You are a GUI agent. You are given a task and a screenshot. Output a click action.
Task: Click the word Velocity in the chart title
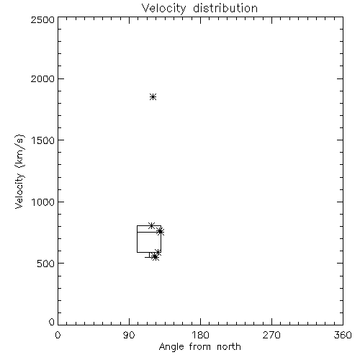164,9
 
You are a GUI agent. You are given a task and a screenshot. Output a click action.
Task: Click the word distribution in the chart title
225,8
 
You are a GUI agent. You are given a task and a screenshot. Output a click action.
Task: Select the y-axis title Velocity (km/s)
19,172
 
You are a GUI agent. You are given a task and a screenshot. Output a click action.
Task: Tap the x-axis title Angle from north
199,346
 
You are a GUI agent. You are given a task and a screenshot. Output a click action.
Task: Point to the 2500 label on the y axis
42,19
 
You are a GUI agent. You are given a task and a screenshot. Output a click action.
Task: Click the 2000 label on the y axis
42,78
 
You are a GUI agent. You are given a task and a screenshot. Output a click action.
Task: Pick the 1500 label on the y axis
43,140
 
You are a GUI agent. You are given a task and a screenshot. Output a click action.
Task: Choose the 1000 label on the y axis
43,202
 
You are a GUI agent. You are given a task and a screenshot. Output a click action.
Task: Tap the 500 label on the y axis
46,264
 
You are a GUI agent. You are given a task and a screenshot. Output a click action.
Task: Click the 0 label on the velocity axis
52,322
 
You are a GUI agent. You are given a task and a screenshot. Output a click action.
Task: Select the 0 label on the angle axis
58,335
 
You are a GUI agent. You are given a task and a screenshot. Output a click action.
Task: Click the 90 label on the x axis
129,335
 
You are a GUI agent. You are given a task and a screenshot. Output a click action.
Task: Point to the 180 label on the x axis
200,335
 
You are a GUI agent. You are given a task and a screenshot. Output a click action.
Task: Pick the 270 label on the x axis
271,335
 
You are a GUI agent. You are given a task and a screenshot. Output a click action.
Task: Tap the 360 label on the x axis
343,335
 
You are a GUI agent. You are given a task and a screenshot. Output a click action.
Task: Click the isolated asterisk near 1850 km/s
153,97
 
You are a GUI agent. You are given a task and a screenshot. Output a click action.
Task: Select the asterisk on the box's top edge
151,225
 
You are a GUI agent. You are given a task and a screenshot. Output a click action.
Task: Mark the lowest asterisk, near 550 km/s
156,257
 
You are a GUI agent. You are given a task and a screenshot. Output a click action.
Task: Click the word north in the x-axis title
229,346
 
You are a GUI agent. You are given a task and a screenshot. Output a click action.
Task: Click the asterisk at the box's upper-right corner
161,232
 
